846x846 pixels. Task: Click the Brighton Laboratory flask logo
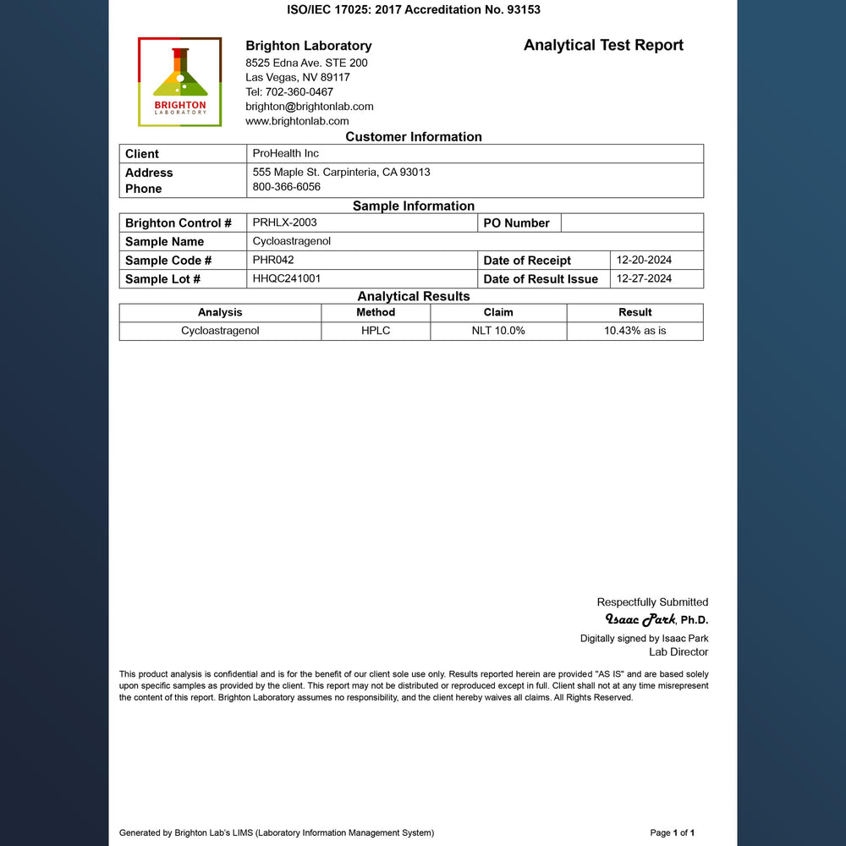(179, 81)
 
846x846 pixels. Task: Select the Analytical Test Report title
(603, 46)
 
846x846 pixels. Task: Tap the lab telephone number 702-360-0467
(289, 92)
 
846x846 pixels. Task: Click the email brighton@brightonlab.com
(309, 107)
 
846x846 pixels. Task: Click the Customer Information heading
(413, 137)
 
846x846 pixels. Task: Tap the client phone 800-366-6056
(286, 187)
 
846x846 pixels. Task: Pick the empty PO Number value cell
(631, 222)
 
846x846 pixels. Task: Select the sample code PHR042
(273, 260)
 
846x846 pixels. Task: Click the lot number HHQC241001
(286, 278)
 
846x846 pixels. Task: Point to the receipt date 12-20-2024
(644, 260)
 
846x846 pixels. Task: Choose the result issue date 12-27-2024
(644, 278)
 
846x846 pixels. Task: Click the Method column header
(376, 312)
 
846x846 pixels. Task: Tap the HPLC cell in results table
(376, 331)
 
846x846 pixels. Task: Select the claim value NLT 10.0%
(498, 331)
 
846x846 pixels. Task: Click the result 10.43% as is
(634, 331)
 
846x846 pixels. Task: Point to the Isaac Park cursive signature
(640, 619)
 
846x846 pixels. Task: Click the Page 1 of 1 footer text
(672, 833)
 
